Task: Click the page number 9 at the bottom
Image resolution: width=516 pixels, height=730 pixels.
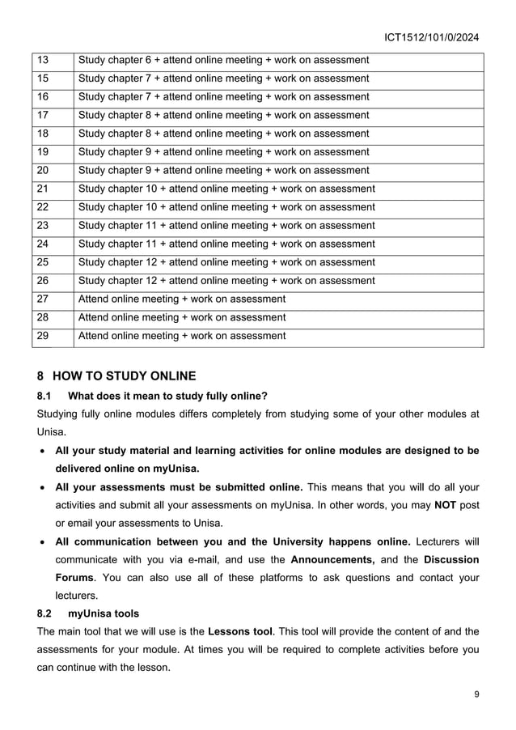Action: coord(476,694)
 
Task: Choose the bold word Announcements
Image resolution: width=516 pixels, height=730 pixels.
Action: coord(332,559)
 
